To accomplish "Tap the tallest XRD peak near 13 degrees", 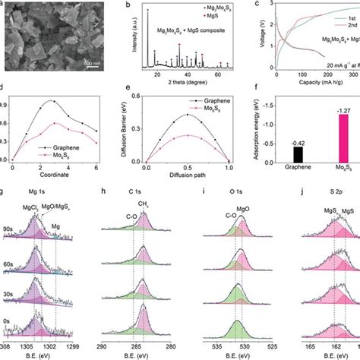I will pos(147,11).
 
